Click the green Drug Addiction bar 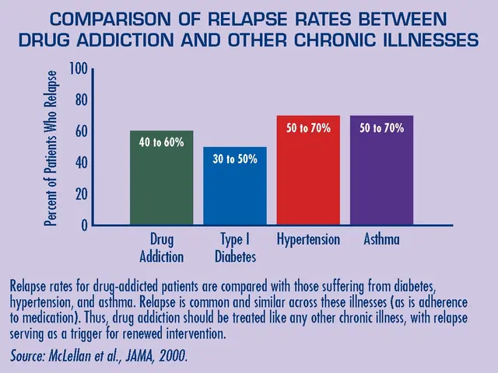[x=161, y=178]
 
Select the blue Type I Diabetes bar [x=234, y=186]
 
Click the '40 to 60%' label [x=161, y=143]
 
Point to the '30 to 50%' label [x=234, y=159]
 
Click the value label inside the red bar [x=308, y=127]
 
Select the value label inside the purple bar [x=381, y=127]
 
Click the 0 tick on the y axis [x=82, y=225]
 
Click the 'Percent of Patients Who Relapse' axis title [x=51, y=148]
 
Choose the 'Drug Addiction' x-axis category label [x=161, y=248]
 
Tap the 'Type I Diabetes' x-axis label [x=234, y=248]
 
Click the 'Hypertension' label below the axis [x=308, y=240]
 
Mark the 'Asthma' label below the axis [x=381, y=240]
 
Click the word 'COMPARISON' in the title [x=102, y=19]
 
